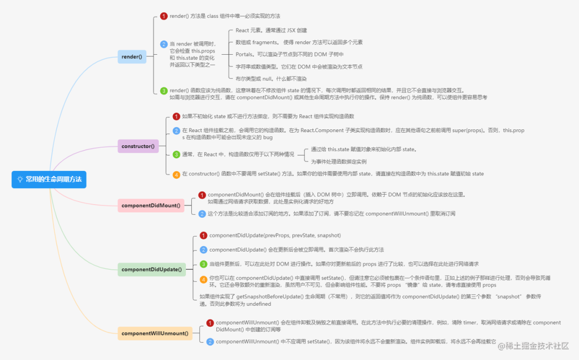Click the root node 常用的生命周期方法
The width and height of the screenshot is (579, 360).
(49, 179)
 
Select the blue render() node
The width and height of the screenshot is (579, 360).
(132, 56)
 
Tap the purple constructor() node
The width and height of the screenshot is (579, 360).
(138, 146)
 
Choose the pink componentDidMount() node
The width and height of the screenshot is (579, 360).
(151, 205)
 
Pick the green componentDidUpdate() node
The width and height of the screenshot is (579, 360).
(152, 269)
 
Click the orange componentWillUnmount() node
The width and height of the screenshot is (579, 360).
(155, 333)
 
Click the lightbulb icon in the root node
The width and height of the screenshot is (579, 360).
(20, 179)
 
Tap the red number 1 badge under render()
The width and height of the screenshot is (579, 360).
(164, 16)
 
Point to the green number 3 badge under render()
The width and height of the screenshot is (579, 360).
(164, 91)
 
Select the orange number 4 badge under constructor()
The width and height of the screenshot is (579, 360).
(176, 174)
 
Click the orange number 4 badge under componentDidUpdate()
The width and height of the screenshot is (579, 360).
(203, 279)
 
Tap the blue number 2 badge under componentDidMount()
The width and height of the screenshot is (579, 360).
(202, 214)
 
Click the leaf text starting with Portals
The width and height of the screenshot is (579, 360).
(289, 54)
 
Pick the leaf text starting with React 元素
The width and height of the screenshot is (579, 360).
(271, 30)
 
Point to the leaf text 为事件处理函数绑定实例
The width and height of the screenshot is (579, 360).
(339, 161)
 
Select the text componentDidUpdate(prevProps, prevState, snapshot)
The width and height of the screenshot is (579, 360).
(275, 236)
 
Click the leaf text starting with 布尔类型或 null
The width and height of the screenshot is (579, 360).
(271, 78)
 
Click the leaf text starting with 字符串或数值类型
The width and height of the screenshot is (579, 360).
(299, 67)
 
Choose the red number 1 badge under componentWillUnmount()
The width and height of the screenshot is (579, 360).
(210, 323)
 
